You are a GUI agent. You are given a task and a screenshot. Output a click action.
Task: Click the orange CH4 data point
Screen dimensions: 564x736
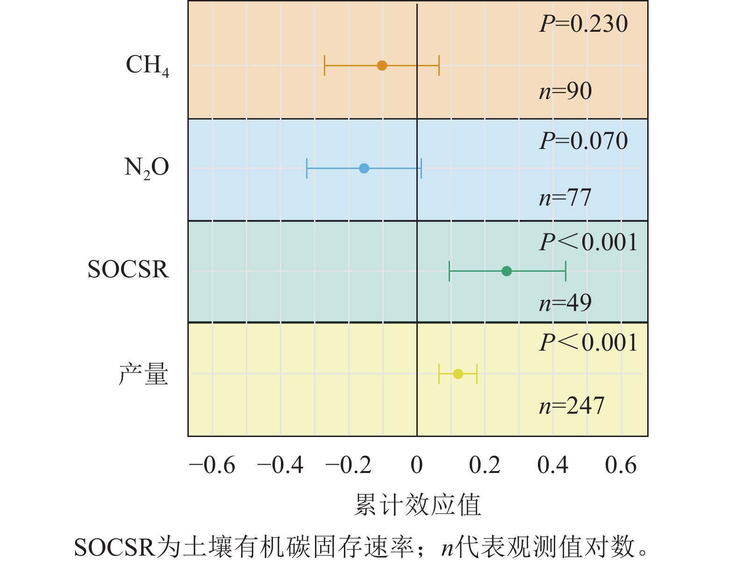[382, 65]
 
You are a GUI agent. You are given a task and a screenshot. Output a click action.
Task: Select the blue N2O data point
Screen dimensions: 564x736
[364, 168]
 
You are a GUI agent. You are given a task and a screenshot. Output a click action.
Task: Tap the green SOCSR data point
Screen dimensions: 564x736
[507, 271]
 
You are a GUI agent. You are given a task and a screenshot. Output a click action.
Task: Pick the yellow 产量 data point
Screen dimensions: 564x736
[458, 374]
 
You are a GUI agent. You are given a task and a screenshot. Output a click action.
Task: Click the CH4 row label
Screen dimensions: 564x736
[147, 65]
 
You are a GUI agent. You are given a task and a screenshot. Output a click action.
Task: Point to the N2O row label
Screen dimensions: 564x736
[146, 167]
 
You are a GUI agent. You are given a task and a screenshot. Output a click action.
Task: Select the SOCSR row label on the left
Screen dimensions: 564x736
[128, 269]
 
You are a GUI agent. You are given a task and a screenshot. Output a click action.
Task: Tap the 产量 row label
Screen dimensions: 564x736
[143, 374]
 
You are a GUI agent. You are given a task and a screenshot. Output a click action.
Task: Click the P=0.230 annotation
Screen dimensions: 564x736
[584, 24]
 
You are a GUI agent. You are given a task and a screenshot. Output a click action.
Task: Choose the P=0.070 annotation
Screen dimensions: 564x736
[584, 141]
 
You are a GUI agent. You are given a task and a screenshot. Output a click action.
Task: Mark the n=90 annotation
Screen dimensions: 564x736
[565, 91]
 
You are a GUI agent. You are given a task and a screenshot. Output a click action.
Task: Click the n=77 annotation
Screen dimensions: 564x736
[565, 197]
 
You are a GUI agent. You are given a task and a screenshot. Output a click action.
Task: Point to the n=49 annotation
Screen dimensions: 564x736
[565, 303]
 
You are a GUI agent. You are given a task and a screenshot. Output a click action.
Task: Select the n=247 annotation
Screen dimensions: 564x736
[572, 405]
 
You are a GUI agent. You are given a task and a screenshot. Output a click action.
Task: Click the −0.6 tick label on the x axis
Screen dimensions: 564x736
[212, 465]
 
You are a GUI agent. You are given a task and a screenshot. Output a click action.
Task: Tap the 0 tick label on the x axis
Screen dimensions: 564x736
[416, 465]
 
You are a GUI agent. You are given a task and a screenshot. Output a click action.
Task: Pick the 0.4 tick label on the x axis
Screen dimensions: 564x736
[553, 465]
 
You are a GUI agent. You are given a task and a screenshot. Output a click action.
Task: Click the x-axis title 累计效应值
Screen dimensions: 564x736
[417, 505]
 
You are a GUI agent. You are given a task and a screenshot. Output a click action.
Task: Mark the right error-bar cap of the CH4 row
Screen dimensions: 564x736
[439, 65]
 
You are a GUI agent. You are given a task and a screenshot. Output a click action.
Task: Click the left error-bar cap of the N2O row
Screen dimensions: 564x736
[307, 168]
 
